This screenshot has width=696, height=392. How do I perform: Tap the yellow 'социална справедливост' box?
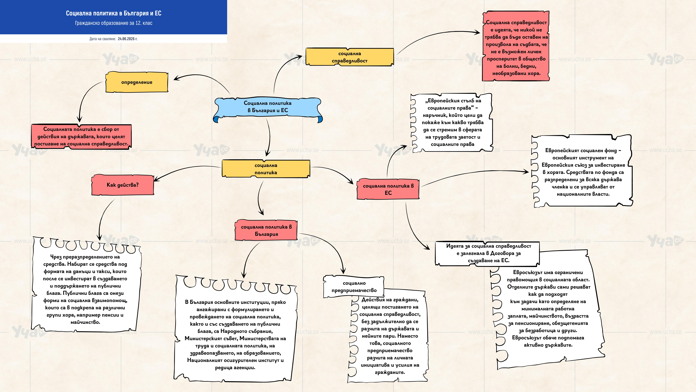pos(350,57)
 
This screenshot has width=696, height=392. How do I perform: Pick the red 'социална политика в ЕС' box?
pos(388,189)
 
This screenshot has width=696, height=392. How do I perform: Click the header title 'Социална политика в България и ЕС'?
pos(113,13)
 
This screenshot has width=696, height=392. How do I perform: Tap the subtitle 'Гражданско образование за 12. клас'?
pos(113,23)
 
